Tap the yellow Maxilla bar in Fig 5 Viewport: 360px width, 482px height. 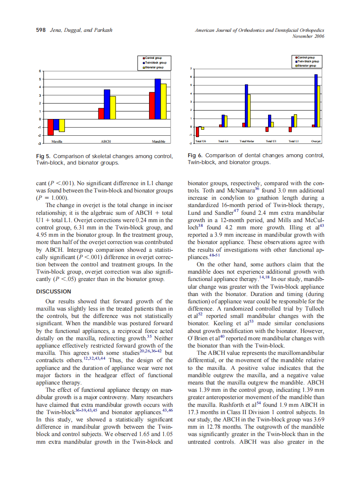[62, 125]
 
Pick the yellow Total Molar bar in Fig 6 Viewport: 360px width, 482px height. [249, 111]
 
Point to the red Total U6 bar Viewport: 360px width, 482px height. [197, 131]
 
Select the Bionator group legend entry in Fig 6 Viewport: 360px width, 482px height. [307, 66]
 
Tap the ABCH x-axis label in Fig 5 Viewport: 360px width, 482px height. [105, 141]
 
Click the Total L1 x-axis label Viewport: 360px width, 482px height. [294, 141]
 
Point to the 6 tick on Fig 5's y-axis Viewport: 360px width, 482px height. [41, 70]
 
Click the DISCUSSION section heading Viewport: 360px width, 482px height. [53, 292]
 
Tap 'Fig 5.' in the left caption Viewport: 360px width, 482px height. [43, 156]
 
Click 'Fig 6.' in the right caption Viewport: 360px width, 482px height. [195, 155]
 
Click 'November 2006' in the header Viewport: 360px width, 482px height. [308, 36]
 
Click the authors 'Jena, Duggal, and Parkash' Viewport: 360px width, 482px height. [81, 30]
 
